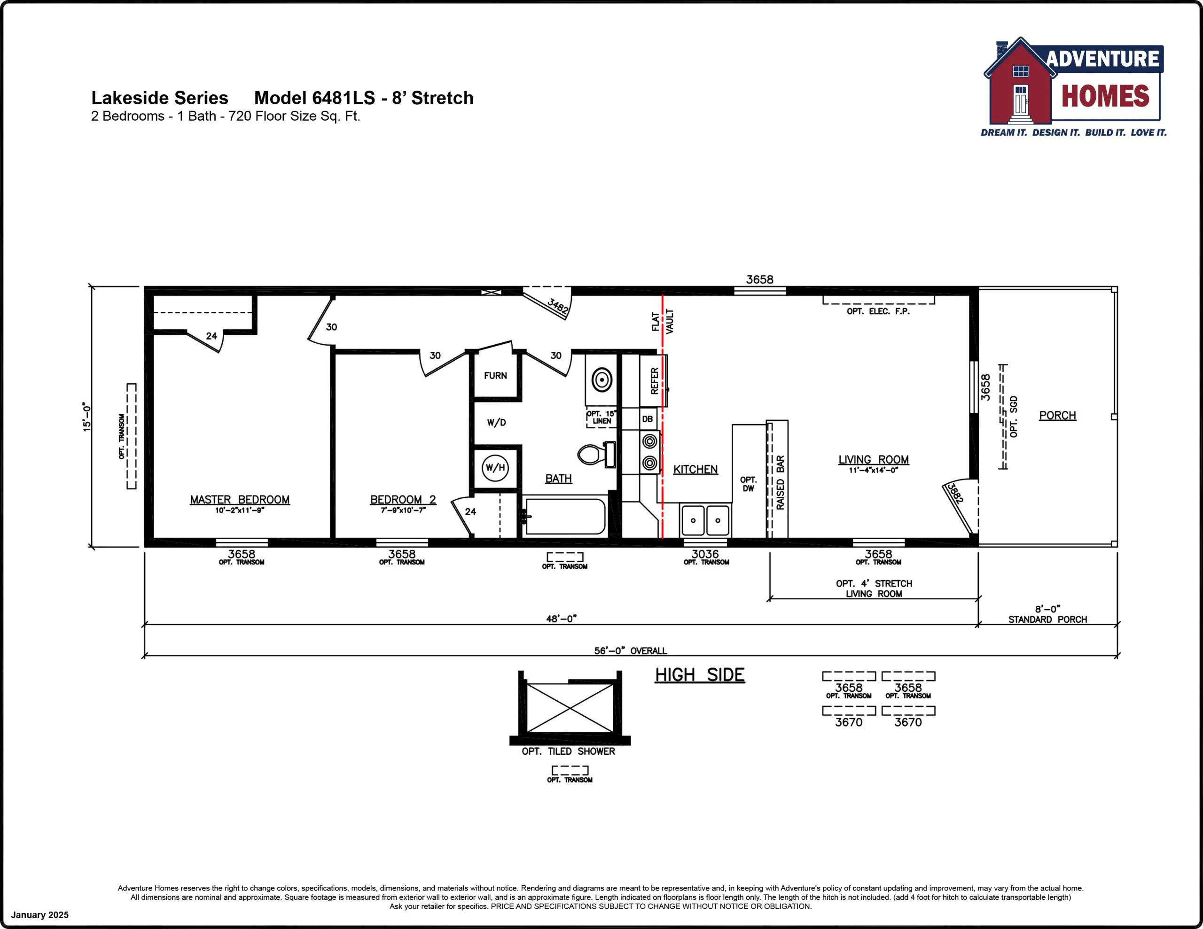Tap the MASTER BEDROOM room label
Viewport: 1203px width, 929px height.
pyautogui.click(x=240, y=499)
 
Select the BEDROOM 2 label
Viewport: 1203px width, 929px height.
pyautogui.click(x=403, y=499)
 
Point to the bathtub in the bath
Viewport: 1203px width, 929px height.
pyautogui.click(x=565, y=516)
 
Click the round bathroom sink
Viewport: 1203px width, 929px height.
pyautogui.click(x=601, y=379)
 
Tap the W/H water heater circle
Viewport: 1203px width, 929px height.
pyautogui.click(x=495, y=467)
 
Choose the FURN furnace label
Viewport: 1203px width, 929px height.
pyautogui.click(x=495, y=376)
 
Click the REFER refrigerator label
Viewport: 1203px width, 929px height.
pyautogui.click(x=655, y=380)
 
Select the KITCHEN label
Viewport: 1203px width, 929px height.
pyautogui.click(x=695, y=469)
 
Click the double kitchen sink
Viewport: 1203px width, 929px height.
pyautogui.click(x=706, y=520)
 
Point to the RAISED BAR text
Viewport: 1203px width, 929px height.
pyautogui.click(x=780, y=482)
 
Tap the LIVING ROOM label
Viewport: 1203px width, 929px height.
pyautogui.click(x=874, y=459)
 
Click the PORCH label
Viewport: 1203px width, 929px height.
pyautogui.click(x=1057, y=415)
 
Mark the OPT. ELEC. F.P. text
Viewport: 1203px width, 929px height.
pyautogui.click(x=878, y=311)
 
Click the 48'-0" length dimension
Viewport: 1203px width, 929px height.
pyautogui.click(x=561, y=619)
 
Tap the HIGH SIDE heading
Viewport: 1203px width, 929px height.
pyautogui.click(x=700, y=674)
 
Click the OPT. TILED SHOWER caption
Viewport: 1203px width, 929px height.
pyautogui.click(x=569, y=751)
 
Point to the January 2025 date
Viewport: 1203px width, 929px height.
pyautogui.click(x=39, y=915)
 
